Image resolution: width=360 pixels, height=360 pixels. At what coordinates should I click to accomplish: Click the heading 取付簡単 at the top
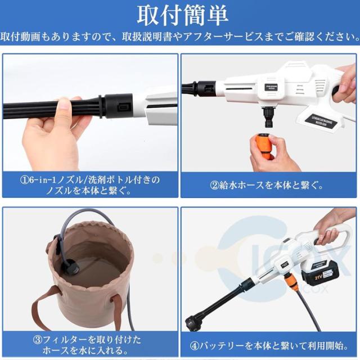(x=180, y=13)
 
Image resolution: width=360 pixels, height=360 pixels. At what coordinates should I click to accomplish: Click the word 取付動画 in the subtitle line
(x=20, y=37)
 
